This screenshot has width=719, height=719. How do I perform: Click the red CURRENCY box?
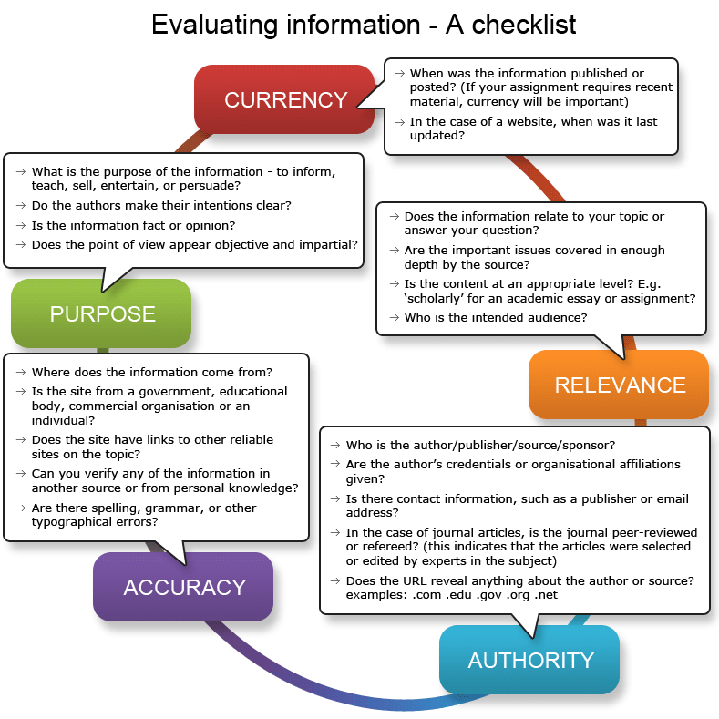(284, 99)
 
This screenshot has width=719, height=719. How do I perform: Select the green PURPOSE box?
(101, 313)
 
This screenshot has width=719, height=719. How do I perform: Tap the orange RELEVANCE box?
(619, 385)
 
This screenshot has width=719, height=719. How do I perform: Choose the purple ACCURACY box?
(183, 587)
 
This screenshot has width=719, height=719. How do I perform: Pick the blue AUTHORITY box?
(529, 660)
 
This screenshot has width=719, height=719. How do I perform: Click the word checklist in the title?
(524, 25)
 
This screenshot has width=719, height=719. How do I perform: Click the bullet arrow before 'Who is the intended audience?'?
(395, 317)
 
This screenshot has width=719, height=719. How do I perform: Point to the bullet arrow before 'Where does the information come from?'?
(21, 372)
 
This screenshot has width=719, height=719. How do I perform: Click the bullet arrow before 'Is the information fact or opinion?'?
(21, 225)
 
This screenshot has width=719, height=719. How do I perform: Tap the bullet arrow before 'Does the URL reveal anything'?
(335, 580)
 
